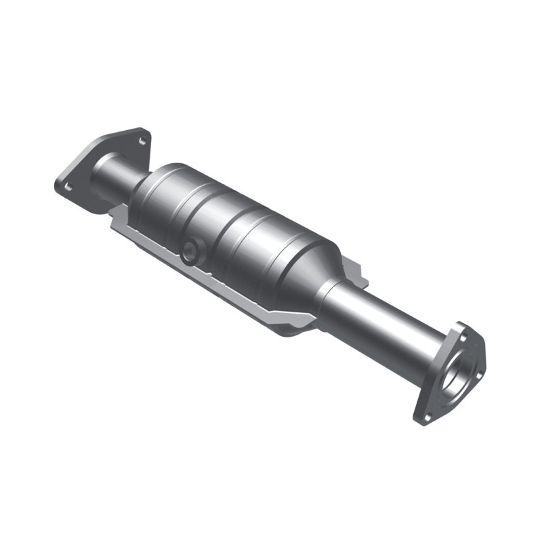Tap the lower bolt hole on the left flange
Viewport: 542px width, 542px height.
pyautogui.click(x=66, y=184)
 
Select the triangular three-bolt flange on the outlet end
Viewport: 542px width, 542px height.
pyautogui.click(x=451, y=373)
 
